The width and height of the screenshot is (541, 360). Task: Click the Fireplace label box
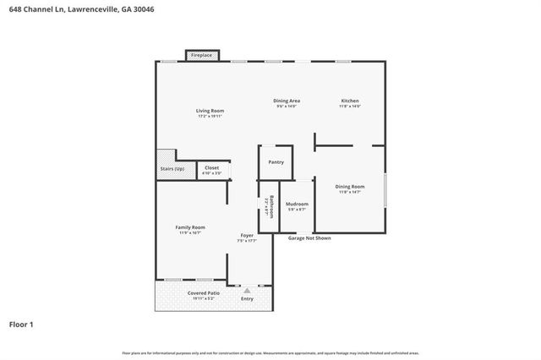(x=201, y=55)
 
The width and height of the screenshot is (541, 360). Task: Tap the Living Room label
(x=210, y=111)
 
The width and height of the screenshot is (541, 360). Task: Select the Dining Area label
(x=287, y=101)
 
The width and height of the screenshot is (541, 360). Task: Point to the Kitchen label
(x=350, y=101)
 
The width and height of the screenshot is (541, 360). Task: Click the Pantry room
(x=276, y=162)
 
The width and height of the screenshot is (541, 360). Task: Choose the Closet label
(x=211, y=167)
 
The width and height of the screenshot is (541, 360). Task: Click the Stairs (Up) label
(x=172, y=169)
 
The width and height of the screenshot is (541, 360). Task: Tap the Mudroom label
(x=297, y=204)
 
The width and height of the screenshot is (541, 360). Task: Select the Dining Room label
(x=349, y=186)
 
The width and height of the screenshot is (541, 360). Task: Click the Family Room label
(x=190, y=227)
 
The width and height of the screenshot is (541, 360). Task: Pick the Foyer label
(x=247, y=235)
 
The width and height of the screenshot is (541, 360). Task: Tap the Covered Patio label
(x=203, y=292)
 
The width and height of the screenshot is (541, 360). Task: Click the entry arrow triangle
(x=247, y=290)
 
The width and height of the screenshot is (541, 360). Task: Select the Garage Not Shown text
(x=309, y=238)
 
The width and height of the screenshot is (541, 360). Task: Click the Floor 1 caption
(x=21, y=324)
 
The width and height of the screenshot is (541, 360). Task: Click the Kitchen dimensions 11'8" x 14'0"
(x=350, y=106)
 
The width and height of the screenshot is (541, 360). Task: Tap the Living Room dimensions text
(x=210, y=116)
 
